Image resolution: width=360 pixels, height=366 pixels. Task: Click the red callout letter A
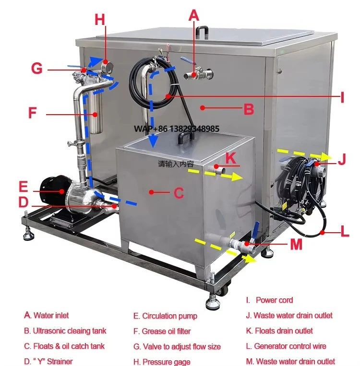click(x=193, y=15)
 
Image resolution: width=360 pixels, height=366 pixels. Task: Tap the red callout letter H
click(x=100, y=20)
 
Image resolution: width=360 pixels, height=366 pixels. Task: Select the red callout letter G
click(x=37, y=69)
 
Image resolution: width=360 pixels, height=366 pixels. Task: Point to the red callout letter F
click(x=33, y=114)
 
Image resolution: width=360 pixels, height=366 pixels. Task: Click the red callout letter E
click(x=24, y=186)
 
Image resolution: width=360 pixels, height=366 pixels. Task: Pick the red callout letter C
click(x=179, y=193)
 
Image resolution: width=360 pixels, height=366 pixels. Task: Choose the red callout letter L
click(x=345, y=232)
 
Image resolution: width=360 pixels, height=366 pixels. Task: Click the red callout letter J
click(x=342, y=160)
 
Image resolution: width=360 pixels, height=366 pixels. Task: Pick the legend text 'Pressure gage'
click(x=166, y=362)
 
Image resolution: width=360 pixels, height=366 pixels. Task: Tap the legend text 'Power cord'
click(x=274, y=300)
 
